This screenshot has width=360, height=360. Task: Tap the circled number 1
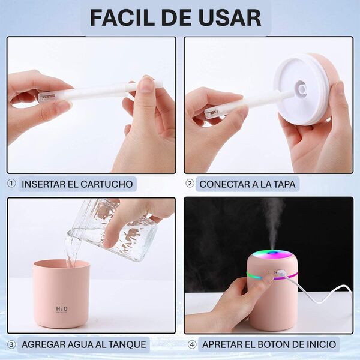(x=11, y=184)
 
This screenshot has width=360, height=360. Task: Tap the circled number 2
(x=190, y=184)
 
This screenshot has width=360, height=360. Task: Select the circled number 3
(x=11, y=344)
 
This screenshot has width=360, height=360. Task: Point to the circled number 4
(x=192, y=344)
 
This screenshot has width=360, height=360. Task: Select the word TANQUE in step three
(x=127, y=344)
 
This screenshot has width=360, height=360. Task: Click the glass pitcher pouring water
(x=113, y=230)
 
